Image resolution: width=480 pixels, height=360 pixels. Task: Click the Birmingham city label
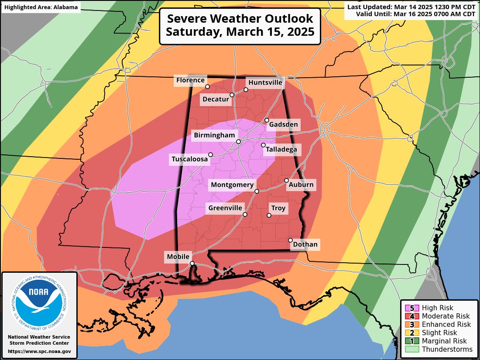click(x=214, y=136)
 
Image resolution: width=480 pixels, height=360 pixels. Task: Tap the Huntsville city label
click(x=265, y=82)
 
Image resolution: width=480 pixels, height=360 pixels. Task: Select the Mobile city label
click(x=178, y=257)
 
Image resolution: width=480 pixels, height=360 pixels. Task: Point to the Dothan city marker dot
click(x=291, y=240)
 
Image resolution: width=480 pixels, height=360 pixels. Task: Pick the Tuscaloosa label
click(x=189, y=160)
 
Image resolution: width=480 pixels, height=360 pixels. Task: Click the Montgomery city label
click(x=232, y=185)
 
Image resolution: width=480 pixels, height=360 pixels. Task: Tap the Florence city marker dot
click(x=208, y=86)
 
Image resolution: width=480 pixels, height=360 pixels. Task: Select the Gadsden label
click(x=283, y=125)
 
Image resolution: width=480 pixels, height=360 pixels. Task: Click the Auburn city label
click(x=301, y=185)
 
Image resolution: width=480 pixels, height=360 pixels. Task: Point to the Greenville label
click(x=225, y=208)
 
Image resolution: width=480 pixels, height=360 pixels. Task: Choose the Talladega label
click(x=281, y=150)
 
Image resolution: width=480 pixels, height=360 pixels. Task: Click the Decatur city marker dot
click(x=232, y=95)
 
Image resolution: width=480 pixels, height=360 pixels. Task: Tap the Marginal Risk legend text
click(x=444, y=341)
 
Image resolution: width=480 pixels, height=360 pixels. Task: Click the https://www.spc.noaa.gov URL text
click(x=39, y=351)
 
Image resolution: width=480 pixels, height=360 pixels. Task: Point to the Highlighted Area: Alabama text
click(x=41, y=7)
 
